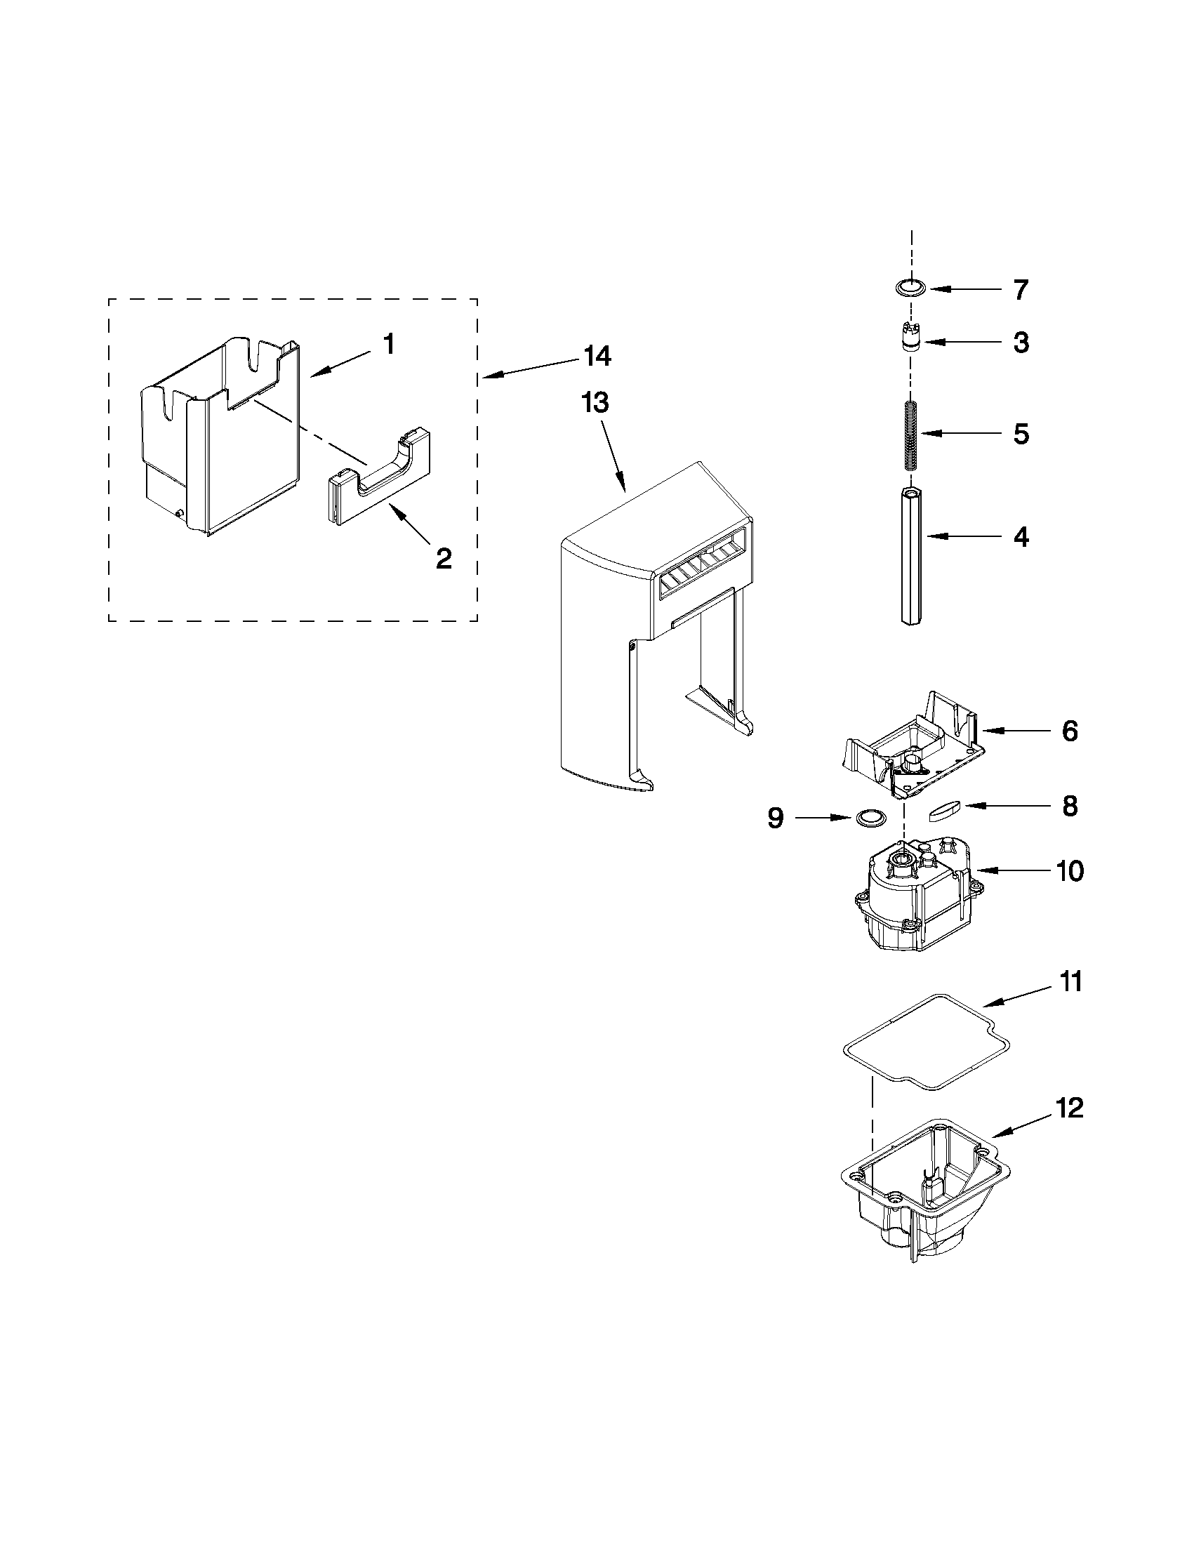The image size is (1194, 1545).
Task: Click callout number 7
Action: point(1020,290)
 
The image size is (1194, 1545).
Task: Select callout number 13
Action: point(595,403)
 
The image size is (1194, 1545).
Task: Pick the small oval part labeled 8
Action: point(944,809)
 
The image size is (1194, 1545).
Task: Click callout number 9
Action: point(776,818)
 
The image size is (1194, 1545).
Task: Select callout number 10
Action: point(1070,871)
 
